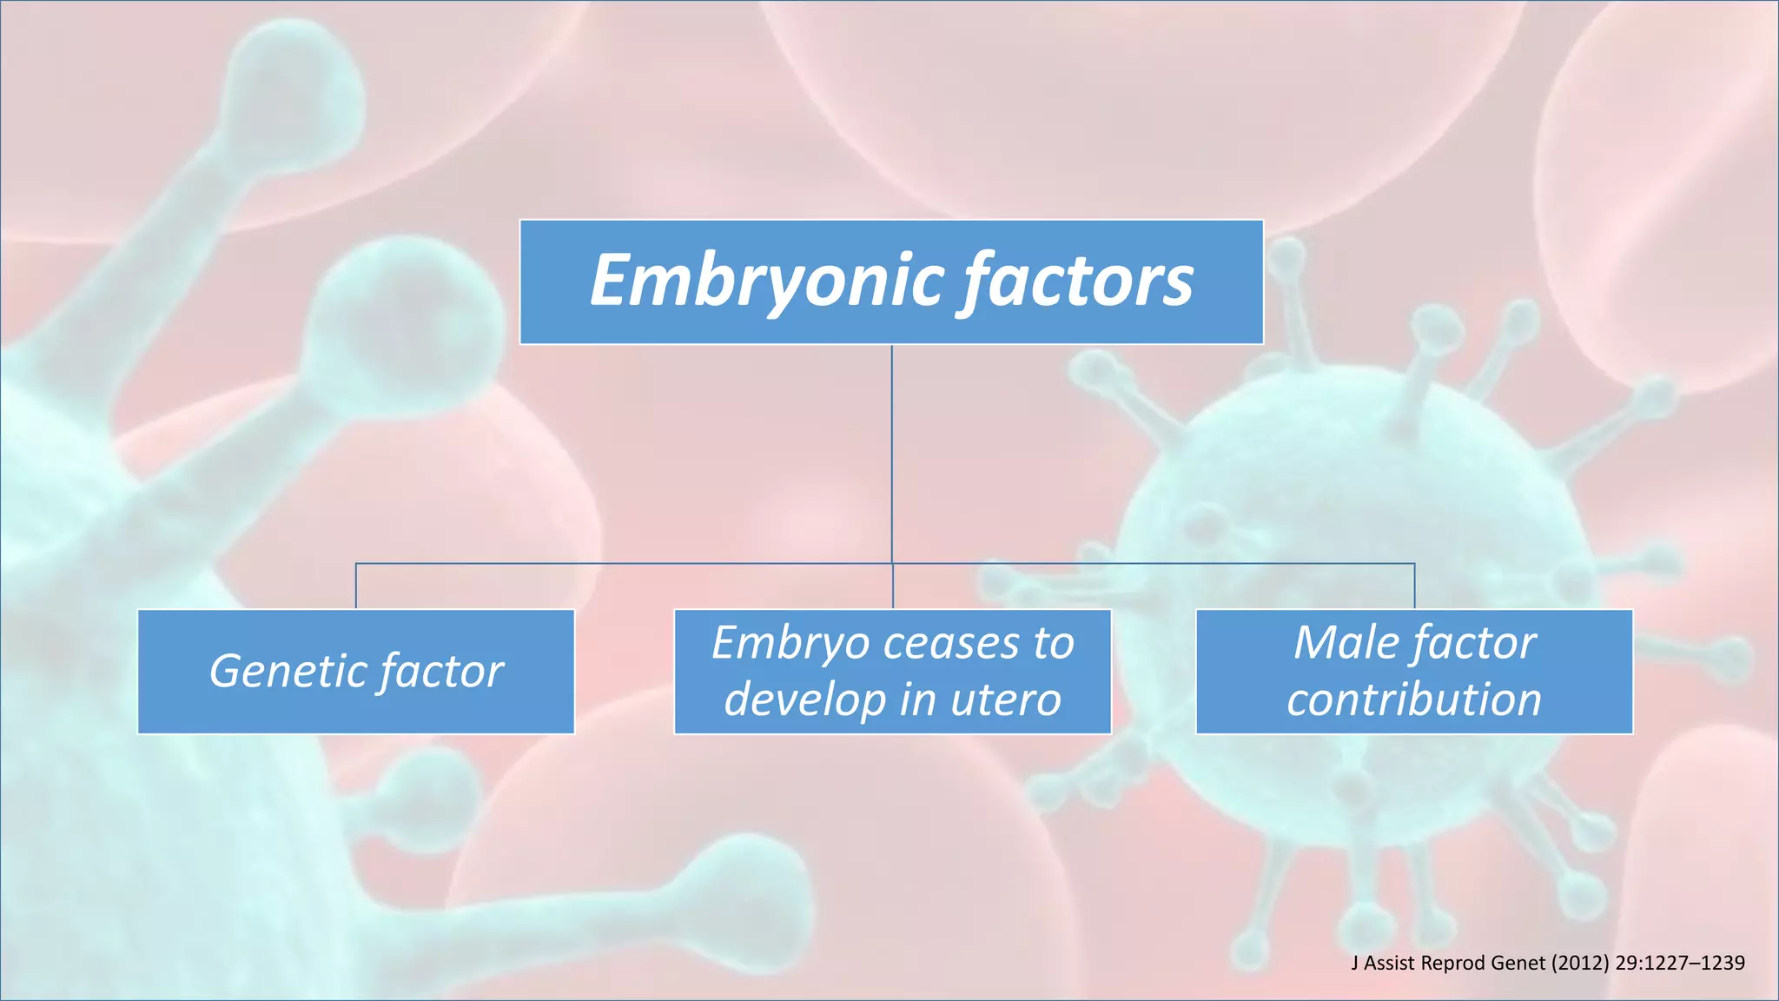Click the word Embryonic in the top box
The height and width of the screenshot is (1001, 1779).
point(766,282)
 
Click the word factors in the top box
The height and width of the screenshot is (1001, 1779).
point(1077,282)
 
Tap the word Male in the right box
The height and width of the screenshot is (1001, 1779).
point(1346,644)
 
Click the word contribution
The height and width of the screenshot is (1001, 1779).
point(1414,700)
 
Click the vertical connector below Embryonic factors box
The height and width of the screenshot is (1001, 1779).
point(892,452)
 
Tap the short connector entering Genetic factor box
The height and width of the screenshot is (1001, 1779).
point(356,587)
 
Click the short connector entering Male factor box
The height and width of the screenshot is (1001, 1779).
point(1414,587)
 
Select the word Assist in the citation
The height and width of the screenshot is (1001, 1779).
point(1392,963)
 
